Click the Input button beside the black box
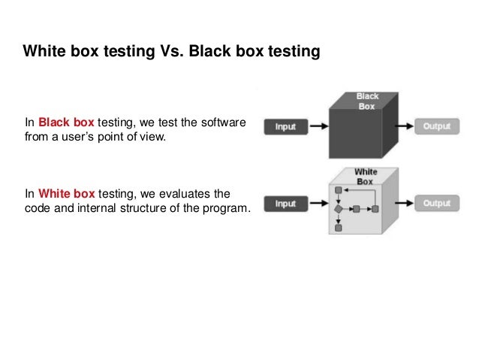click(x=285, y=126)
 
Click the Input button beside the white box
click(x=285, y=203)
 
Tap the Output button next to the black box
click(x=436, y=126)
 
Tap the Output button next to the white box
click(x=436, y=203)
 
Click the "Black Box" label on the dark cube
click(x=368, y=101)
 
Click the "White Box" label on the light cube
click(x=365, y=177)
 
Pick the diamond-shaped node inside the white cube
click(x=339, y=207)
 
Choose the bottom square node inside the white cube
click(x=339, y=225)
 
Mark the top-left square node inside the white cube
click(x=339, y=189)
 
